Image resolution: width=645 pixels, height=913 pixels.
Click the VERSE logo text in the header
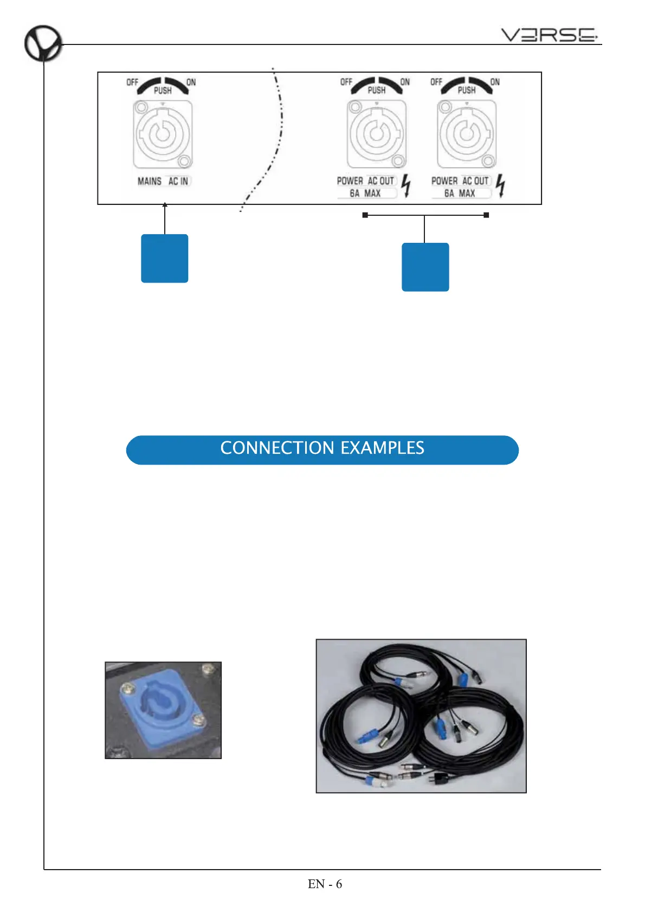pos(548,35)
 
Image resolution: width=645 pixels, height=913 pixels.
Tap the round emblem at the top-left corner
pos(42,43)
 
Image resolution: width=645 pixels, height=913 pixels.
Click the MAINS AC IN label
pos(163,181)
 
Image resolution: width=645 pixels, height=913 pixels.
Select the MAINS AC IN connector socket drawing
pos(162,135)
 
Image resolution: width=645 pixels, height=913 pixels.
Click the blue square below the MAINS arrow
pos(164,258)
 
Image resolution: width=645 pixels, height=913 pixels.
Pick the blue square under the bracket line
pos(425,267)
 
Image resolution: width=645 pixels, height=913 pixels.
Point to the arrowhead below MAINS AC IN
pos(165,205)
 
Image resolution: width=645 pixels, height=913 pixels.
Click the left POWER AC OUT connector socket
pos(376,134)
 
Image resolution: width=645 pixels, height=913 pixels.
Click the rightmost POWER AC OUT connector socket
pos(466,134)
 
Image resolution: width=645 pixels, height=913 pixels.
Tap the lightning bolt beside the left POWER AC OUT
pos(406,186)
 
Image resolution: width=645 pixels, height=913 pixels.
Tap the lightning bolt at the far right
pos(500,186)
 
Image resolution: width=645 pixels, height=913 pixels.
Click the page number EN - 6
pos(325,884)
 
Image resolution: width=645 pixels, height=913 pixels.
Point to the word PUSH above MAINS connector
pos(163,91)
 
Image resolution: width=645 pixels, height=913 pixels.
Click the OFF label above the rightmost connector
pos(436,82)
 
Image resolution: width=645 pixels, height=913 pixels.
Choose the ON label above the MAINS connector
pos(191,82)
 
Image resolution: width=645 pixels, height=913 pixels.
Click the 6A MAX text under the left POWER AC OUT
pos(365,194)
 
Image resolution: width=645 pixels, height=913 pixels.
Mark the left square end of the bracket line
pos(365,215)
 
